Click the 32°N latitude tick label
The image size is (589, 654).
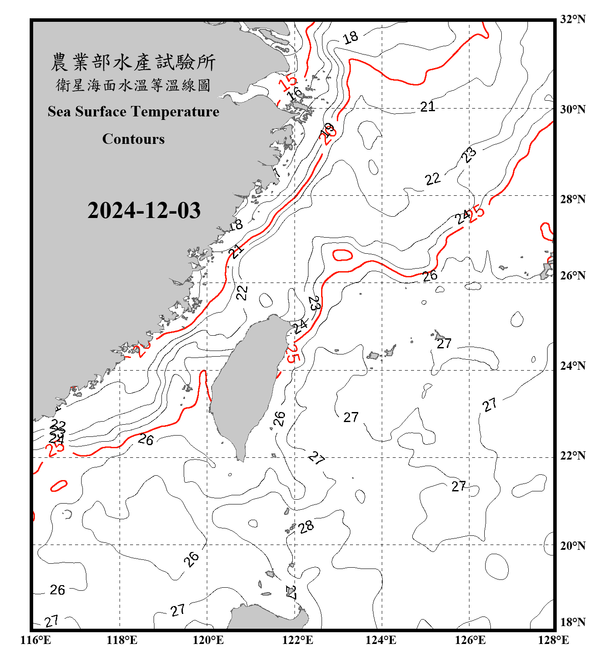pyautogui.click(x=572, y=19)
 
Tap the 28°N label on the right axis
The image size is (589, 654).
pyautogui.click(x=572, y=199)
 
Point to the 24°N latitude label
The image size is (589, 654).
pyautogui.click(x=572, y=366)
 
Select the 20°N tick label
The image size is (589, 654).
pyautogui.click(x=572, y=545)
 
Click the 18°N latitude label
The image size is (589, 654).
pyautogui.click(x=572, y=622)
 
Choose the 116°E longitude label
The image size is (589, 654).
pyautogui.click(x=35, y=640)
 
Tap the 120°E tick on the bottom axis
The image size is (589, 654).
pyautogui.click(x=208, y=640)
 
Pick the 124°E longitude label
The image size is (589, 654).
pyautogui.click(x=381, y=640)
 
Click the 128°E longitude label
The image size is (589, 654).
pyautogui.click(x=553, y=640)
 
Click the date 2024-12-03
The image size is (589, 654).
pyautogui.click(x=144, y=211)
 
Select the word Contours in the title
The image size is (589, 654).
pyautogui.click(x=134, y=139)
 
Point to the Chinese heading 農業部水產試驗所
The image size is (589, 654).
pyautogui.click(x=133, y=62)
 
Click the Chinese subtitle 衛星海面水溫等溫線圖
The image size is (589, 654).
pyautogui.click(x=133, y=85)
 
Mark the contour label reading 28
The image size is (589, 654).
pyautogui.click(x=306, y=527)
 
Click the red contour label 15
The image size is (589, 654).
pyautogui.click(x=288, y=82)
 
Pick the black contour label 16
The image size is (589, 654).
pyautogui.click(x=295, y=93)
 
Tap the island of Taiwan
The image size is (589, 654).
pyautogui.click(x=247, y=384)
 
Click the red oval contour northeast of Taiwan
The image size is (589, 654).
pyautogui.click(x=342, y=255)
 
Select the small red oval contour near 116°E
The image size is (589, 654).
pyautogui.click(x=58, y=485)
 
